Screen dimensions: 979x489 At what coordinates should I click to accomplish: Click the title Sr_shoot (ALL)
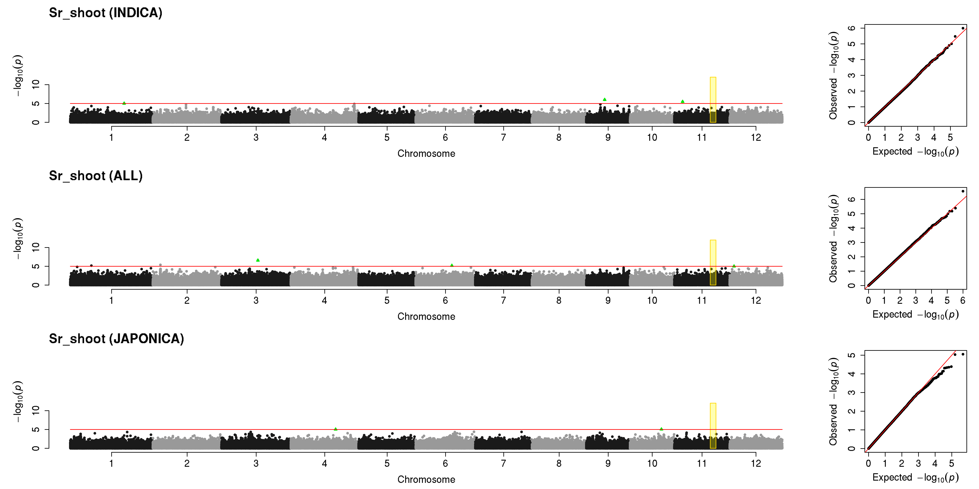(x=96, y=176)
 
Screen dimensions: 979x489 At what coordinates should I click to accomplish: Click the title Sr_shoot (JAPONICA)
(x=116, y=339)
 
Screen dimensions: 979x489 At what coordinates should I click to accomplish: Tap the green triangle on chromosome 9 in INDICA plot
(x=605, y=99)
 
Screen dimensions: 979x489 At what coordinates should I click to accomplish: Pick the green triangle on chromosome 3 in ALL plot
(x=258, y=260)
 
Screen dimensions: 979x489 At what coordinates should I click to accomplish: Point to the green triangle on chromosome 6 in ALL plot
(x=452, y=265)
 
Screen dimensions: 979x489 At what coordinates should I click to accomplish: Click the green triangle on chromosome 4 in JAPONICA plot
(x=336, y=429)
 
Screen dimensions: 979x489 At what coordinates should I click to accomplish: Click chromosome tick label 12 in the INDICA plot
(x=756, y=137)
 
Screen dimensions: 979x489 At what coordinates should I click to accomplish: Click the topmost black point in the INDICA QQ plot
(x=963, y=28)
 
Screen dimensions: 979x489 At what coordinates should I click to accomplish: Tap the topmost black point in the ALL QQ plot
(x=963, y=191)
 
